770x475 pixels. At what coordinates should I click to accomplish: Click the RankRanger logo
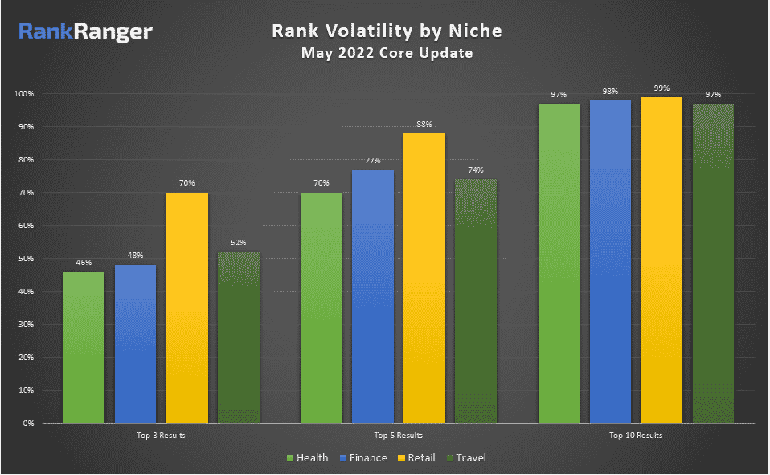click(x=85, y=32)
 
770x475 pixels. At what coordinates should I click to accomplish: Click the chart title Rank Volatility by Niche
click(x=387, y=31)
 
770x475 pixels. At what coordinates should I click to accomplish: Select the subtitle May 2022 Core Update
click(x=387, y=54)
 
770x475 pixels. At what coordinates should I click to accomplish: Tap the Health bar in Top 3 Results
click(x=84, y=347)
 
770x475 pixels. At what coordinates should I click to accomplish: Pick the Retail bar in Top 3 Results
click(x=187, y=308)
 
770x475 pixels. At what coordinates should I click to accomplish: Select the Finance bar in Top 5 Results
click(x=373, y=296)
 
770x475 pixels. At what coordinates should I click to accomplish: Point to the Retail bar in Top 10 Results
click(x=661, y=260)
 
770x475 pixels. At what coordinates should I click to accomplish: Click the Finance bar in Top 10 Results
click(x=610, y=261)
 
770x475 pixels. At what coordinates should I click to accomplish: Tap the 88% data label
click(x=424, y=125)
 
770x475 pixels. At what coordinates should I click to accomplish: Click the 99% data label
click(x=661, y=88)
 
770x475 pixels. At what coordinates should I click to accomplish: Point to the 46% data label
click(x=84, y=263)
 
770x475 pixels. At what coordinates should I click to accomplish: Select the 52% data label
click(x=238, y=243)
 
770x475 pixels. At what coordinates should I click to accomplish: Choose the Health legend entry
click(x=308, y=458)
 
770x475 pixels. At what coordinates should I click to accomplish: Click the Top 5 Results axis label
click(x=398, y=435)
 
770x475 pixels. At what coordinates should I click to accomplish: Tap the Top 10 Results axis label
click(x=635, y=435)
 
